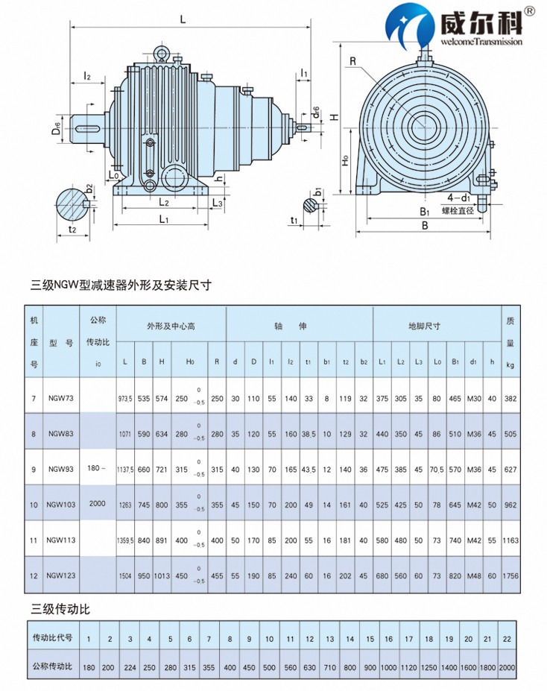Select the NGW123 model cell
(60, 575)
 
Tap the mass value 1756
(510, 575)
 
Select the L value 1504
(124, 575)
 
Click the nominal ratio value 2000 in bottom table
(507, 666)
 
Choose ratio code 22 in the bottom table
(507, 639)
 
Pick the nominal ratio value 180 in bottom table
(89, 666)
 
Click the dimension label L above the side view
(183, 20)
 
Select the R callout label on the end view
(352, 59)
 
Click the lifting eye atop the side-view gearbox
(160, 52)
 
